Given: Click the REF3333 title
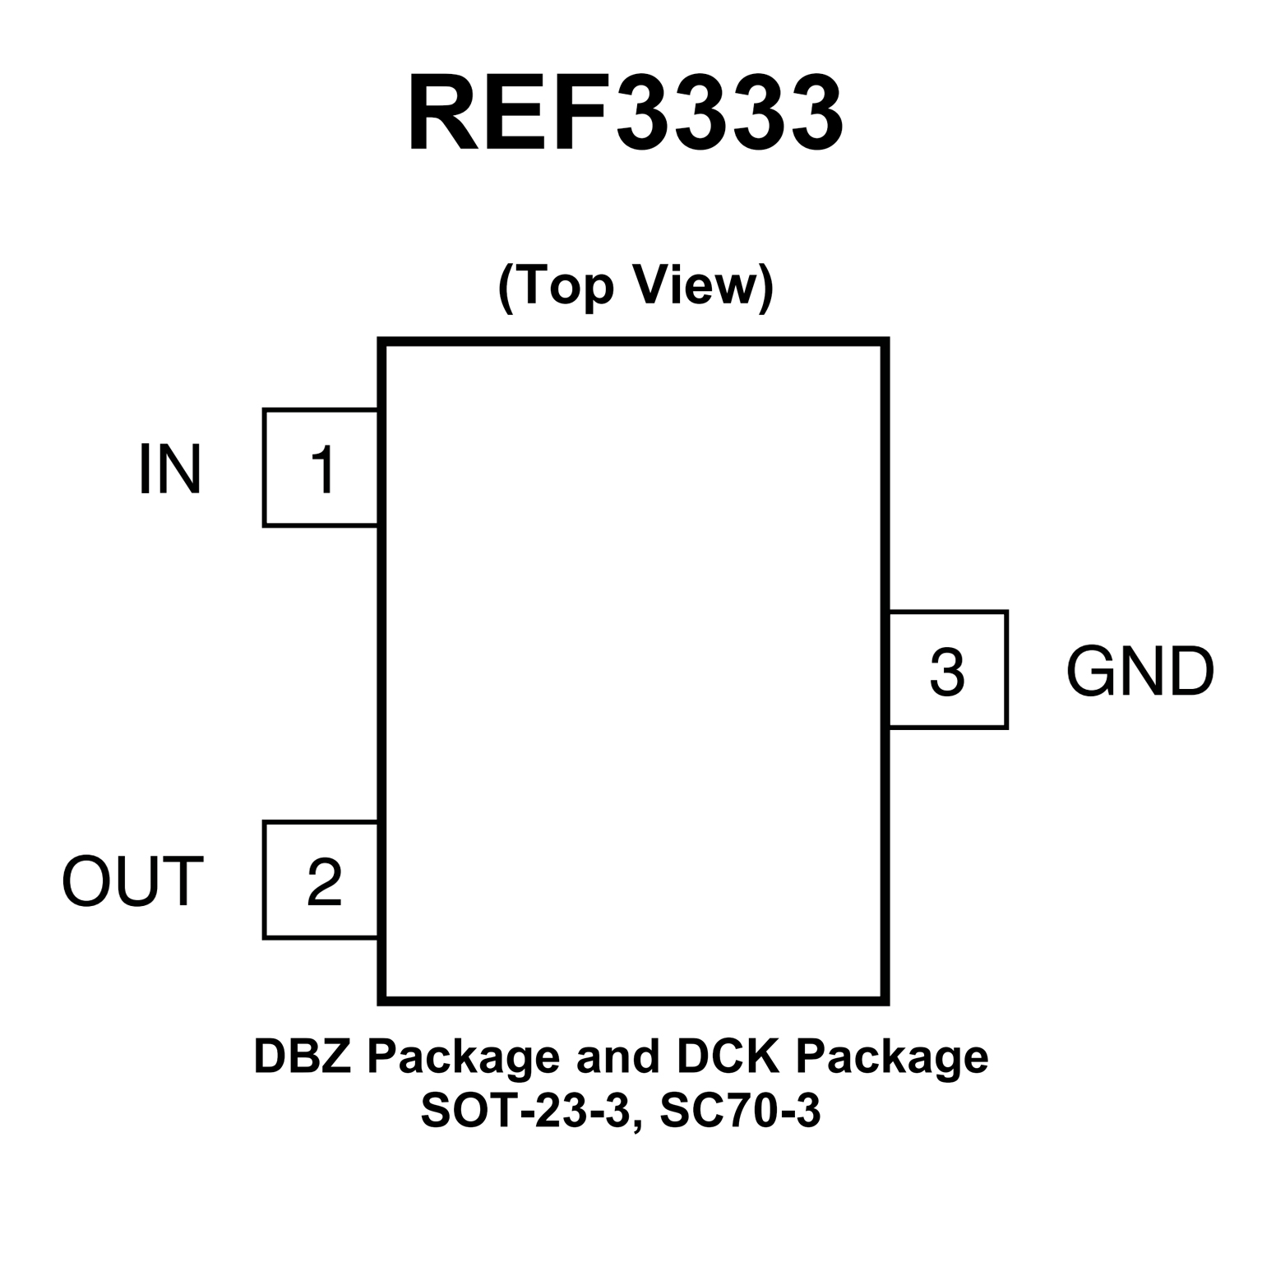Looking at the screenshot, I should tap(625, 114).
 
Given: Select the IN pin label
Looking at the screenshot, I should tap(169, 469).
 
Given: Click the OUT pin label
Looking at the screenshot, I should tap(132, 881).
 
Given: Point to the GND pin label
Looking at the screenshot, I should tap(1139, 671).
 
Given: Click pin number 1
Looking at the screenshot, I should tap(322, 469).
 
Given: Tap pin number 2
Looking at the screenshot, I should tap(324, 881).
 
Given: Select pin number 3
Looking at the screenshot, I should tap(947, 671).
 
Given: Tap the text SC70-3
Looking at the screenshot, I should tap(740, 1112).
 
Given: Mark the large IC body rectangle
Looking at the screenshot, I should tap(633, 671).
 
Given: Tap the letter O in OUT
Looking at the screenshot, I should tap(86, 881).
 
